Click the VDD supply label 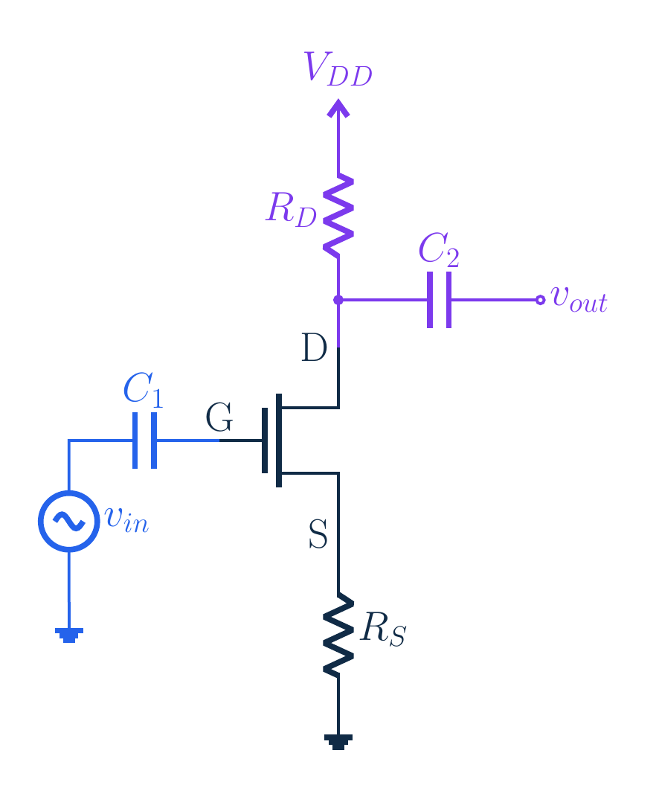(338, 69)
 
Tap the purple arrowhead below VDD (338, 108)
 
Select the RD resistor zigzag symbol (338, 215)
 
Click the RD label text (291, 210)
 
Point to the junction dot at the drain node (338, 300)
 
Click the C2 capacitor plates (439, 300)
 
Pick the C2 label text (439, 249)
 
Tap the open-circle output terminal (541, 300)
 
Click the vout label (579, 300)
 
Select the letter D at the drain (315, 347)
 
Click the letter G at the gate (219, 417)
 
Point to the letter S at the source (318, 534)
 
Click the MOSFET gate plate (265, 441)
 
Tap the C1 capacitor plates (144, 441)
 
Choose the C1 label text (143, 390)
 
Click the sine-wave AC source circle (69, 521)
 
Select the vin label (127, 519)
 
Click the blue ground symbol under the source (69, 635)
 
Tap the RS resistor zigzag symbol (338, 635)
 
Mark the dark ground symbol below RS (338, 742)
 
